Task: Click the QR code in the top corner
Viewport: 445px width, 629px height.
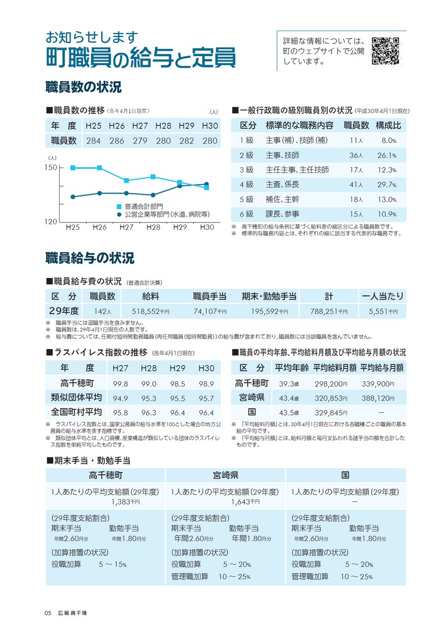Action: (385, 51)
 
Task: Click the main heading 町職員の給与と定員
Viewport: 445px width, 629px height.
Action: (141, 58)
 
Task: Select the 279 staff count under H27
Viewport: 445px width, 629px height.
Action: (140, 140)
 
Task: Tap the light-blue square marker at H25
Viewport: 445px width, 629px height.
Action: (73, 167)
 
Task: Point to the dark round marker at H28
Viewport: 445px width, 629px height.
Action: (153, 195)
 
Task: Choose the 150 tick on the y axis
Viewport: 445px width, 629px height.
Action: (50, 167)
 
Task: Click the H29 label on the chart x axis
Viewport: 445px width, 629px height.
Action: (180, 227)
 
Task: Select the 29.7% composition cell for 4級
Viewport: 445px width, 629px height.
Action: (387, 185)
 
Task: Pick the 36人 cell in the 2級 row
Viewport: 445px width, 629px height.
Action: (356, 155)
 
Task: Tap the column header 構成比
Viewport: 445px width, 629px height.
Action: (388, 125)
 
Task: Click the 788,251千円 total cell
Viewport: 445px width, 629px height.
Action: (329, 311)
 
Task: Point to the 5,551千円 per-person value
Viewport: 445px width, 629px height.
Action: (383, 311)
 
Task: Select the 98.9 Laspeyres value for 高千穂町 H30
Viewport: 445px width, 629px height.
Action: (206, 384)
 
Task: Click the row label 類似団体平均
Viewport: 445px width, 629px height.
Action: (76, 397)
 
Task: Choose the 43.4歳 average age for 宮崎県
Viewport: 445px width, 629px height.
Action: (289, 398)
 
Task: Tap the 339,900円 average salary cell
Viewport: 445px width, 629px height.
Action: (378, 384)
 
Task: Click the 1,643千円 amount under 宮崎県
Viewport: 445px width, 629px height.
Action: (245, 501)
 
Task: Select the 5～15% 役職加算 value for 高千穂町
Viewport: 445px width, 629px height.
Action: (113, 564)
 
